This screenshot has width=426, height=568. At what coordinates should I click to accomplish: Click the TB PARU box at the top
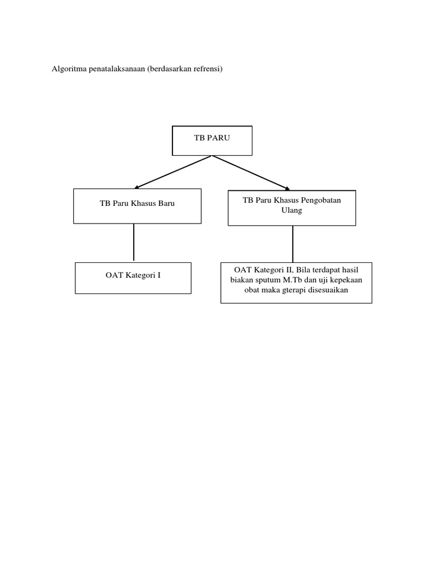212,140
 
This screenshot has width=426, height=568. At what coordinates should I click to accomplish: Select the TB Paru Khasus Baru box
137,206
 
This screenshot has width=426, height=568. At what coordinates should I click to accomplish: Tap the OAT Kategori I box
133,278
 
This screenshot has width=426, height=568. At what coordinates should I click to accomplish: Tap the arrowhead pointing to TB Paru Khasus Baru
138,186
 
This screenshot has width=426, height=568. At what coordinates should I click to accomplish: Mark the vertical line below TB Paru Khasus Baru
134,242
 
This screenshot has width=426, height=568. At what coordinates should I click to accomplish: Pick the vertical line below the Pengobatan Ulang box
293,244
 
